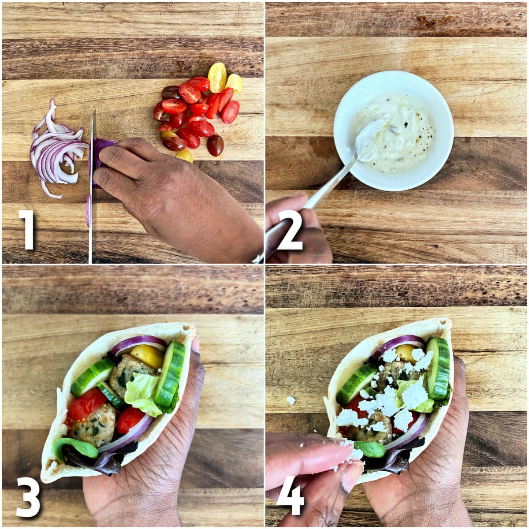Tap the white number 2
point(290,230)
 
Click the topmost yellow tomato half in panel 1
point(217,77)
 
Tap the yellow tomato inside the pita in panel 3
point(148,355)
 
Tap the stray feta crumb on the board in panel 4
point(291,400)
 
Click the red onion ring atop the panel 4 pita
point(397,344)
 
